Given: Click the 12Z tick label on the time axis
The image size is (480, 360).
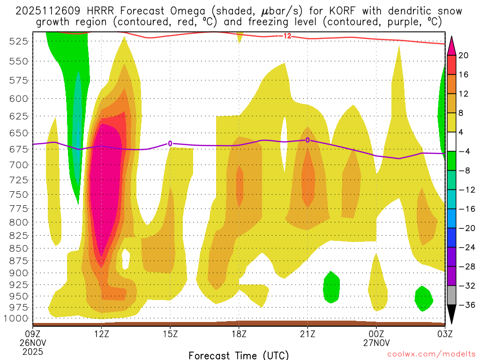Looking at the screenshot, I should [102, 334].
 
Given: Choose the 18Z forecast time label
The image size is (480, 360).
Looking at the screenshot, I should [239, 334].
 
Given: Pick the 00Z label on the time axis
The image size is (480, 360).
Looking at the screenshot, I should [376, 334].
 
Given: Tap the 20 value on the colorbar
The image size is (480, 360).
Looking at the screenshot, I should [464, 55].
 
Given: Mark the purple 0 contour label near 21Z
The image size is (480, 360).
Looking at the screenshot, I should [307, 140].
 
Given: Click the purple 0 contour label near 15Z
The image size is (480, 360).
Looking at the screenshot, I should [170, 143].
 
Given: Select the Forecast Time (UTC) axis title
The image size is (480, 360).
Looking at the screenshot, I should [239, 355].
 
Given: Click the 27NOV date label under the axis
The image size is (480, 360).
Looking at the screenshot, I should [376, 342].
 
